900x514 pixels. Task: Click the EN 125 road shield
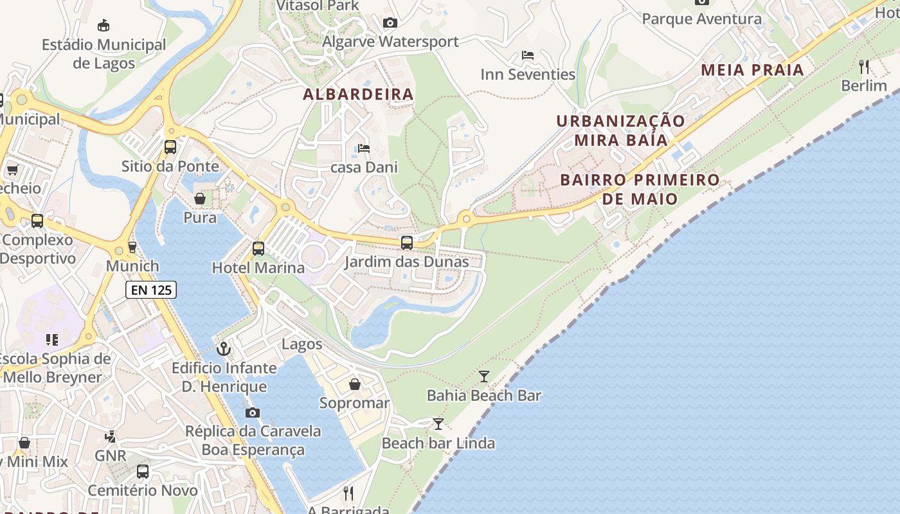click(151, 290)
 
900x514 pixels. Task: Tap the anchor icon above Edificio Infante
click(224, 349)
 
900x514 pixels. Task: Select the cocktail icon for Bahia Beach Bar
click(484, 377)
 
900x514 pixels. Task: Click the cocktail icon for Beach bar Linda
click(438, 424)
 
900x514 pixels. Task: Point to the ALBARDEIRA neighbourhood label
click(358, 94)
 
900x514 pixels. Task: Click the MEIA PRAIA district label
click(752, 70)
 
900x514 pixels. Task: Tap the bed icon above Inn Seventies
click(528, 55)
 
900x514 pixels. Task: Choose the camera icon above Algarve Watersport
click(390, 23)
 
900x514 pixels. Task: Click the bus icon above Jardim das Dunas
click(406, 243)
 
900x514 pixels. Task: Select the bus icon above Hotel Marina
click(258, 248)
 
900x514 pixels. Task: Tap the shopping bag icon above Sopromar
click(355, 384)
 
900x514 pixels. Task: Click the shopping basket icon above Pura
click(200, 199)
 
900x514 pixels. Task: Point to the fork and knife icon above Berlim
click(864, 66)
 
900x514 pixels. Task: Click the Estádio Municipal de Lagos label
click(104, 54)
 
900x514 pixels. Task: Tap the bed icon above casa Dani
click(364, 148)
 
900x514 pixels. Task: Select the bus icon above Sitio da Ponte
click(170, 147)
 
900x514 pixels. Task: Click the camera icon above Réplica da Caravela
click(253, 412)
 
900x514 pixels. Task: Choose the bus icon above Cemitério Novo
click(143, 472)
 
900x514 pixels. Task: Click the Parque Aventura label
click(701, 19)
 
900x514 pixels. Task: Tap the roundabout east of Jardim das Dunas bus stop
click(466, 219)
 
